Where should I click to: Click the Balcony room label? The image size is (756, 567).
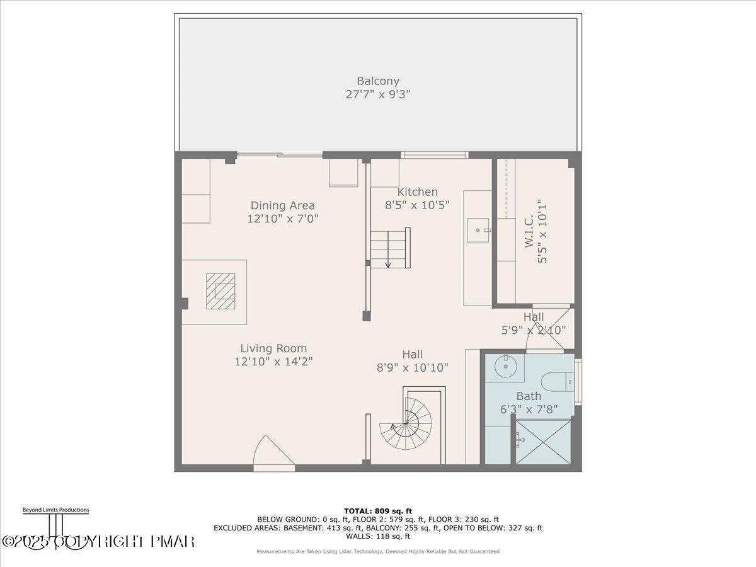click(x=378, y=81)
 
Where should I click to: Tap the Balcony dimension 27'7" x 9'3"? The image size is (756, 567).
click(x=378, y=94)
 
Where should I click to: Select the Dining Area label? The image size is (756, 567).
click(x=282, y=205)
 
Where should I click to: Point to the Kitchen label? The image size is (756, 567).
click(x=417, y=192)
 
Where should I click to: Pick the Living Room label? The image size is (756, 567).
click(x=273, y=348)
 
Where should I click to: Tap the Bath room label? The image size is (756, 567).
click(x=529, y=396)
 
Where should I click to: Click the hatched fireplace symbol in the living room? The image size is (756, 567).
click(x=220, y=291)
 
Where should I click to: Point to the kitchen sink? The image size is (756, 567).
click(x=478, y=230)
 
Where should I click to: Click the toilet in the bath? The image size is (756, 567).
click(x=558, y=382)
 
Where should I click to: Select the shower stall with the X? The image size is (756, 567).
click(x=543, y=442)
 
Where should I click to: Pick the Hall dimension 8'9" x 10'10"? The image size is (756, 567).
click(x=413, y=367)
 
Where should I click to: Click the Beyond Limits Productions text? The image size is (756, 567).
click(x=55, y=510)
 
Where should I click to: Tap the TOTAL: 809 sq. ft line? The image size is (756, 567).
click(x=378, y=511)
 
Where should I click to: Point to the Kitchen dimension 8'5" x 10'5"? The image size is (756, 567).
click(x=417, y=205)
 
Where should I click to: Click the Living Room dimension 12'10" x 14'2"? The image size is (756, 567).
click(x=273, y=362)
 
